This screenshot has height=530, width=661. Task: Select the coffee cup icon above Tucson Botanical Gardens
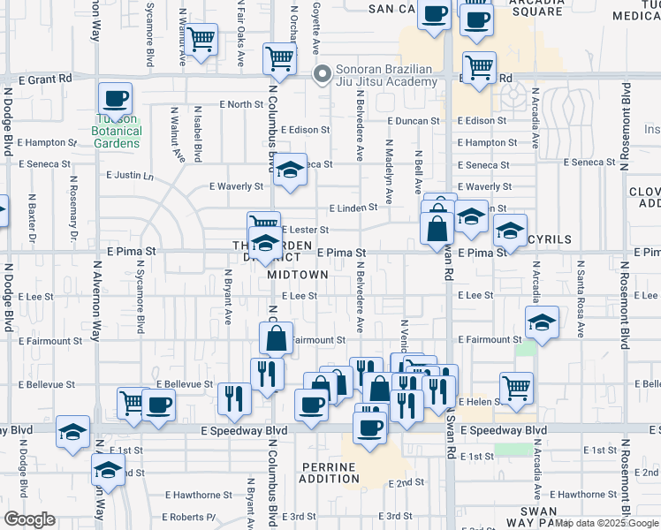115,98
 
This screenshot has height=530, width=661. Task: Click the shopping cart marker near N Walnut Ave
201,39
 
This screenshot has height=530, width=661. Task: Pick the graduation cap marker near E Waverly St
289,170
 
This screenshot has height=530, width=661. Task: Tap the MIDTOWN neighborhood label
299,275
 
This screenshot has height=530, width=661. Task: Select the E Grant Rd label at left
39,79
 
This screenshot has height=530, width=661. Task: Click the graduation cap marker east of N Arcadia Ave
542,323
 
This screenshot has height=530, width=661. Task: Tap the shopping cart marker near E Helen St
516,386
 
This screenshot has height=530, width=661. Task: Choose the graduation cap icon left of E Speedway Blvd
72,432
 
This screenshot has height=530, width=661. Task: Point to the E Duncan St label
413,121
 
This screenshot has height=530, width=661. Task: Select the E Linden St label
353,208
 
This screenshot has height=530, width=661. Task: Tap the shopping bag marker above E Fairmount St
276,338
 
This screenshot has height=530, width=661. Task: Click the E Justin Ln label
130,175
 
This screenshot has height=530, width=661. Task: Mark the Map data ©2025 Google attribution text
606,523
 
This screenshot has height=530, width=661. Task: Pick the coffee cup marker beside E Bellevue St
159,405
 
